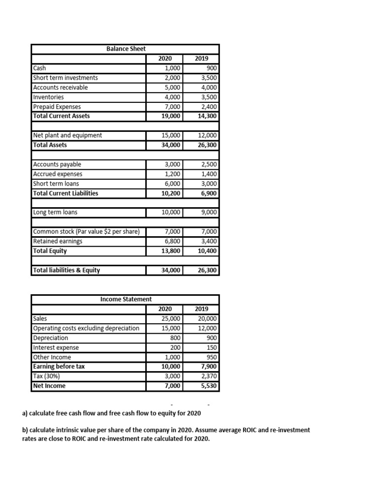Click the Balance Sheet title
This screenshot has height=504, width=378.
click(x=126, y=48)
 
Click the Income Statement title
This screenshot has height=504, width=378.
click(x=126, y=299)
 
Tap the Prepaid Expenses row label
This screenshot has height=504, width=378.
click(x=57, y=107)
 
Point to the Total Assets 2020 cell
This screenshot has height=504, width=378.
click(x=171, y=145)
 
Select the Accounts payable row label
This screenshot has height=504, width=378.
click(x=57, y=164)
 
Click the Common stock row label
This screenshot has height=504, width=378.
click(x=86, y=232)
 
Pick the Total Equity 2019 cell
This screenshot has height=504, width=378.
click(x=208, y=251)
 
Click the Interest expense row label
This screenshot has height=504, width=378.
click(x=55, y=347)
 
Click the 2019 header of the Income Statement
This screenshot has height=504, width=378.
click(x=202, y=309)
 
